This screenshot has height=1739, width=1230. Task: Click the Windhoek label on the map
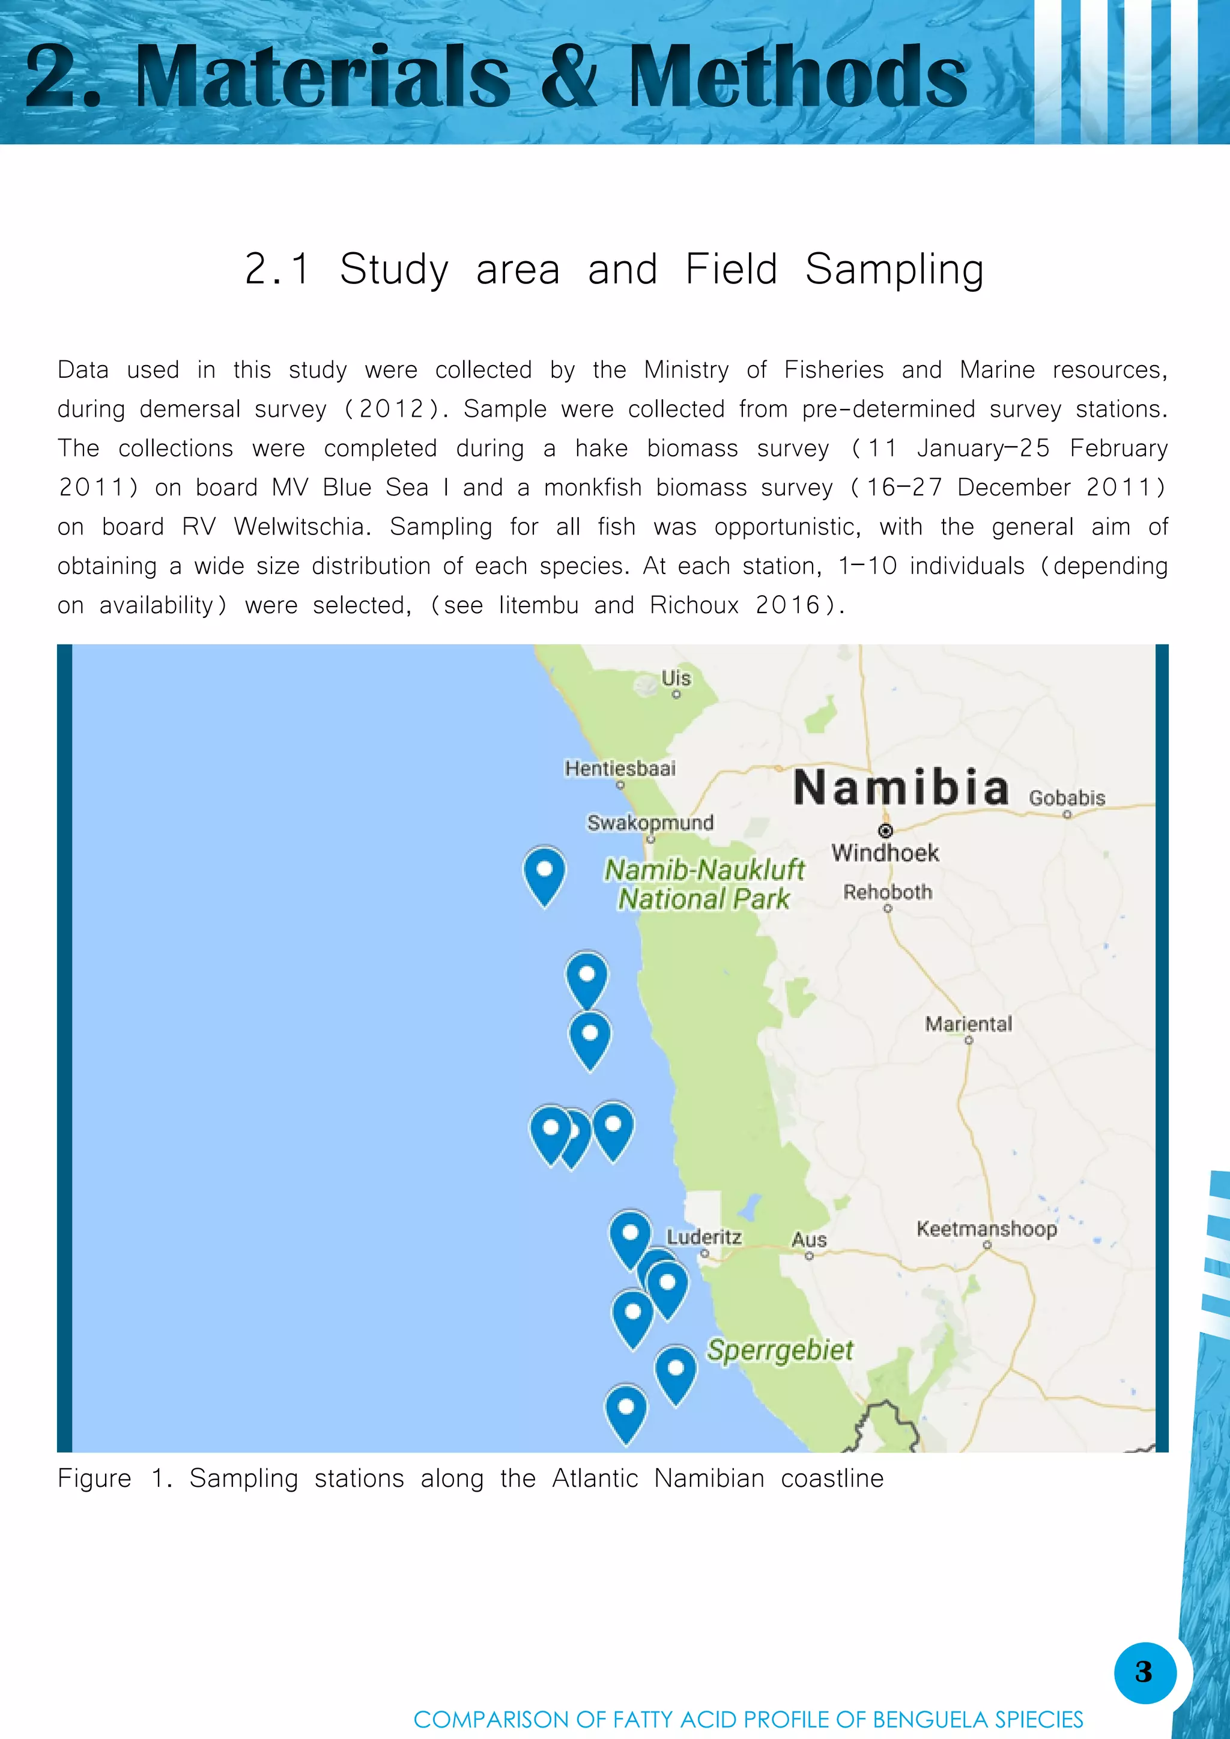tap(885, 853)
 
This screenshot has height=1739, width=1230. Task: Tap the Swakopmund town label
tap(650, 823)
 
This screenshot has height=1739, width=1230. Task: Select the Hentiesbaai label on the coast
tap(620, 768)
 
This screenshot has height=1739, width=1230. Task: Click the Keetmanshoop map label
tap(986, 1228)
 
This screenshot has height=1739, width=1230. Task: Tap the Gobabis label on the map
tap(1067, 797)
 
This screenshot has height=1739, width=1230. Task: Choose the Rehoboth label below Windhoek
tap(888, 892)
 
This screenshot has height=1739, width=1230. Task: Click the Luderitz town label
tap(704, 1237)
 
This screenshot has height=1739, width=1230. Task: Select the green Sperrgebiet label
tap(780, 1350)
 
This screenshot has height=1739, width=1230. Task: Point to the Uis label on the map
tap(676, 678)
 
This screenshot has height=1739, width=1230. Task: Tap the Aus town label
tap(808, 1240)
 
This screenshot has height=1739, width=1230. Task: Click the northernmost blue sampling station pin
tap(545, 873)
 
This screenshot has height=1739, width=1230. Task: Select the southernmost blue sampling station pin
tap(626, 1411)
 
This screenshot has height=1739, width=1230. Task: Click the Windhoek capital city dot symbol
tap(885, 831)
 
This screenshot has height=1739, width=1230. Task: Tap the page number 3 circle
tap(1144, 1672)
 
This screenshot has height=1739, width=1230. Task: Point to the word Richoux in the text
tap(694, 605)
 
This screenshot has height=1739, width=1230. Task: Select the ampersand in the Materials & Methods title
tap(569, 76)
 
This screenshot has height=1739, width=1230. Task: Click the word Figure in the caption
tap(94, 1478)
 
